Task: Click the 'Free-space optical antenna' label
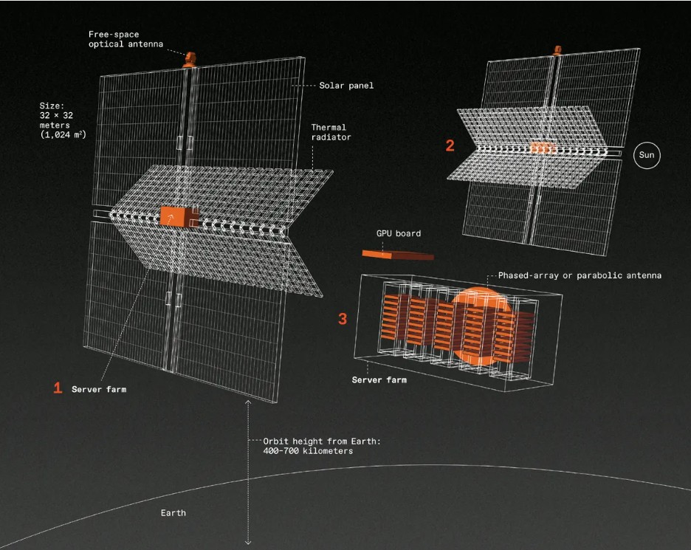[126, 39]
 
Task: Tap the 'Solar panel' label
[346, 86]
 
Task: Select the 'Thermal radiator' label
[331, 132]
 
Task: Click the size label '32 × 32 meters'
[56, 120]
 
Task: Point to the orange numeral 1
[58, 388]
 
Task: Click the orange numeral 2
[450, 145]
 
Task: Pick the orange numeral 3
[343, 319]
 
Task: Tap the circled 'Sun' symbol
[647, 155]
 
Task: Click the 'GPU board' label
[399, 233]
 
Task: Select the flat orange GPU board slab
[398, 255]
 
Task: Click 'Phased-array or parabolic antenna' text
[580, 275]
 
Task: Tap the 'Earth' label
[173, 513]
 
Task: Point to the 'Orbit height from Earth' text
[322, 441]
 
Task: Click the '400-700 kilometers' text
[308, 451]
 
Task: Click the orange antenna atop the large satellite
[190, 60]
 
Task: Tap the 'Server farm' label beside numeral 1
[99, 389]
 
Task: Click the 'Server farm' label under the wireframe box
[379, 380]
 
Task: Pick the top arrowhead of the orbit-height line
[248, 402]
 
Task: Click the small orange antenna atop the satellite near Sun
[557, 49]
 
